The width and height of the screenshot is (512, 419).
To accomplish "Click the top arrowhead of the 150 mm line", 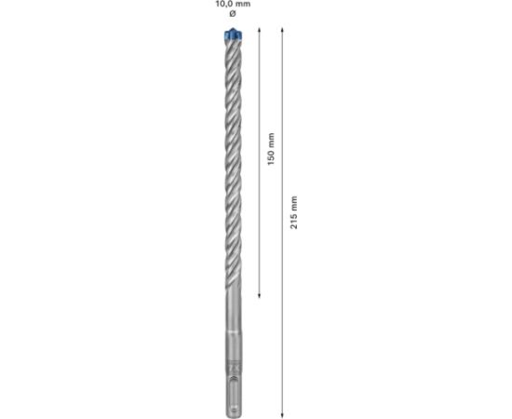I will pos(260,32).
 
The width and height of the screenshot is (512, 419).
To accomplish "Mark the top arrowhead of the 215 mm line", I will pos(282,32).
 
